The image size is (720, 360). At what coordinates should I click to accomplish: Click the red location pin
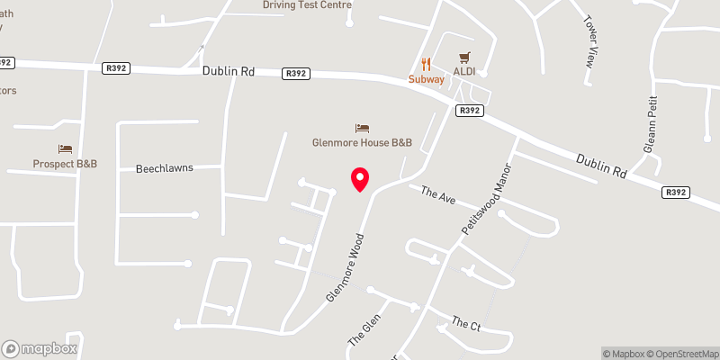(x=360, y=178)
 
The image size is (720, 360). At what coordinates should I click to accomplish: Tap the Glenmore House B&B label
(x=361, y=142)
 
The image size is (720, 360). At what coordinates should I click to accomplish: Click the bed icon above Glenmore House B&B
(x=362, y=128)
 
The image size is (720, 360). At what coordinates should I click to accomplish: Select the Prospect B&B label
(x=65, y=164)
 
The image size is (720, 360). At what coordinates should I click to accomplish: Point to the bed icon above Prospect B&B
(x=65, y=148)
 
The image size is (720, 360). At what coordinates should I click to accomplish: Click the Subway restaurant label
(x=427, y=79)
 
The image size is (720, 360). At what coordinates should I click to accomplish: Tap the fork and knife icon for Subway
(x=427, y=64)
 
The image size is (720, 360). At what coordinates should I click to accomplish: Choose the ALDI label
(x=464, y=71)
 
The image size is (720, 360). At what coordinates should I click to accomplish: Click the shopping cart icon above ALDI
(x=464, y=56)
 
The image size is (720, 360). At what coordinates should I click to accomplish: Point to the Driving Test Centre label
(x=307, y=4)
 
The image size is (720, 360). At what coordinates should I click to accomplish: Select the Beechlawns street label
(x=165, y=168)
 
